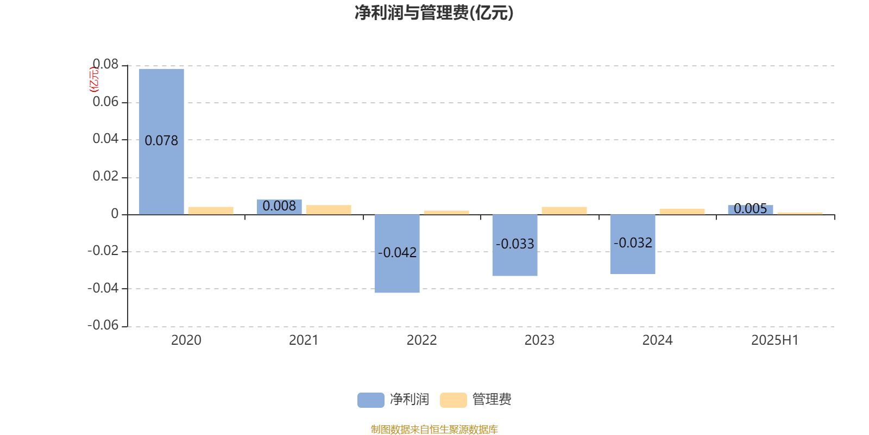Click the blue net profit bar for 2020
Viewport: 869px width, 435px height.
161,142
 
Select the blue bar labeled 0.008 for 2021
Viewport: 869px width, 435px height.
279,207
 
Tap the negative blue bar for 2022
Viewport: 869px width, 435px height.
397,253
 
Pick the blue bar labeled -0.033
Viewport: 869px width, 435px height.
515,245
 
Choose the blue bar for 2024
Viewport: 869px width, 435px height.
633,244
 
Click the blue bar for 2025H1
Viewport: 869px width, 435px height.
751,210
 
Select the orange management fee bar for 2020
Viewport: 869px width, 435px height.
211,211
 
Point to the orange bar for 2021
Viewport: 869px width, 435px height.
329,210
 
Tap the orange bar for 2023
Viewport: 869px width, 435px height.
564,211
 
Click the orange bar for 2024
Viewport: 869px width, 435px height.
682,212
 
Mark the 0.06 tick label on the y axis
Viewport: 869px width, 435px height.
105,102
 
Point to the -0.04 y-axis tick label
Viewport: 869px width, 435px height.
103,288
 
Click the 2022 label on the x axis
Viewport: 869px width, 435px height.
421,340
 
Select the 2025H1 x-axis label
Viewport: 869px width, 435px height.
775,340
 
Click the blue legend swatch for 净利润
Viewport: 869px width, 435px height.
371,400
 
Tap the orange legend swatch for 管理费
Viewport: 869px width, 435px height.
454,400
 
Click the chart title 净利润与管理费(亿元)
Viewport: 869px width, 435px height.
434,13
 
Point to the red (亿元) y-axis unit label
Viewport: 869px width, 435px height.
94,79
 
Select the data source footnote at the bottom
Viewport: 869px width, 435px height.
434,429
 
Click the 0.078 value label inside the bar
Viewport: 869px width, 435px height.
161,141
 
